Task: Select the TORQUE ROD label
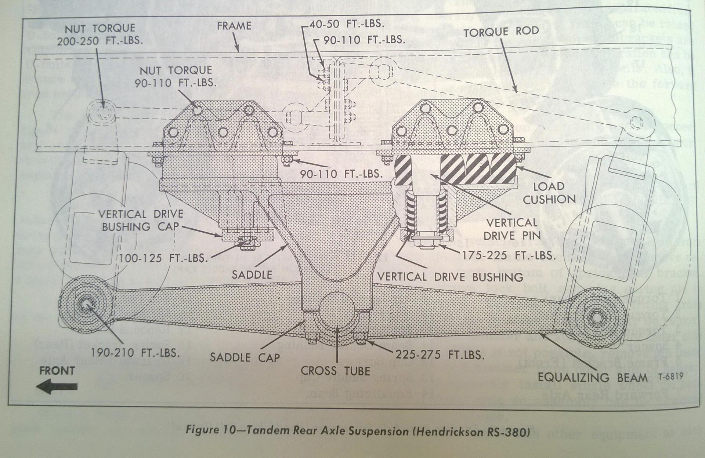click(x=501, y=32)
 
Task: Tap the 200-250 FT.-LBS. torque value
click(x=99, y=41)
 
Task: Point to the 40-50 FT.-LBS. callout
click(x=346, y=24)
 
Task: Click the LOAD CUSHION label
click(x=549, y=193)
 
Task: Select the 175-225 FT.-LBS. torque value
click(x=508, y=255)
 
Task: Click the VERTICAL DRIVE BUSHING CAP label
click(x=141, y=220)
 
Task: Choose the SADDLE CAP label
click(x=245, y=357)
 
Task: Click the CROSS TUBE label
click(x=335, y=371)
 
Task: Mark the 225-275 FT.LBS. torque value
click(x=440, y=355)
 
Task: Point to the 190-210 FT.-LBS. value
click(x=135, y=353)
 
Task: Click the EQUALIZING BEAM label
click(x=592, y=377)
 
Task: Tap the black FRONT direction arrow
click(x=59, y=387)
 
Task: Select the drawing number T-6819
click(x=670, y=377)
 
